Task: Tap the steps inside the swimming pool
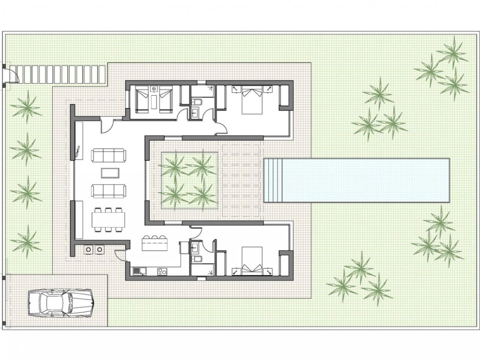tap(272, 180)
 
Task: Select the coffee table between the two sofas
tap(110, 173)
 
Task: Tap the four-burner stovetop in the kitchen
tap(162, 271)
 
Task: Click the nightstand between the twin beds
tap(154, 90)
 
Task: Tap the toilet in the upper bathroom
tap(197, 102)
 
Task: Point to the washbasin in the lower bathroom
tap(195, 247)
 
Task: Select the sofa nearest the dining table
tap(108, 190)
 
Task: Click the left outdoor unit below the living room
tap(89, 249)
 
